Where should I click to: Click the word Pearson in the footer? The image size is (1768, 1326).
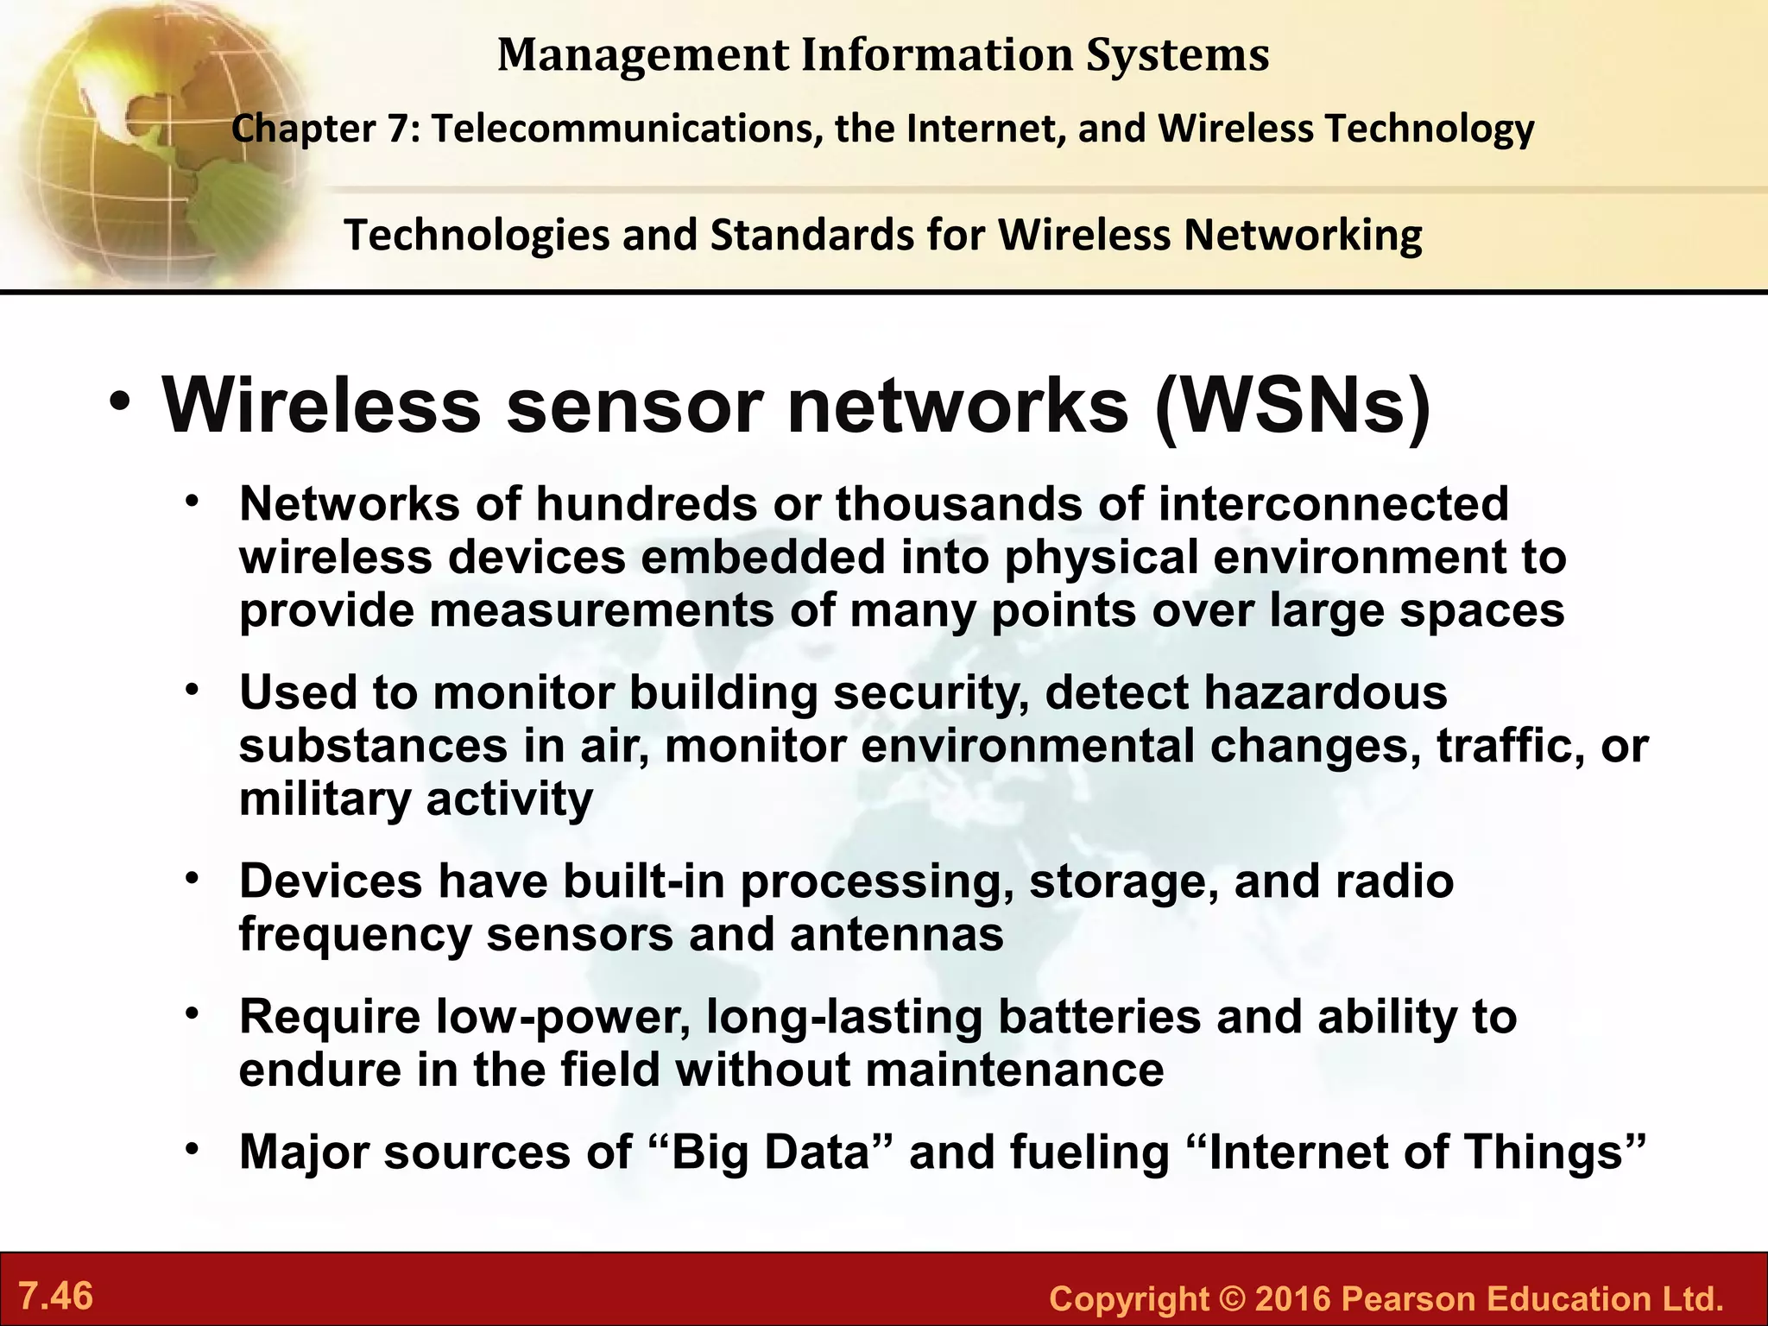tap(1406, 1299)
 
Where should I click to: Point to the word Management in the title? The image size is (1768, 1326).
tap(643, 54)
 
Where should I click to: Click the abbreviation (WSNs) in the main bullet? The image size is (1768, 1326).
tap(1292, 406)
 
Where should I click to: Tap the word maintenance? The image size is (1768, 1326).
tap(1014, 1070)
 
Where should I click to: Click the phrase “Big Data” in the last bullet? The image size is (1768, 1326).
tap(771, 1152)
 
